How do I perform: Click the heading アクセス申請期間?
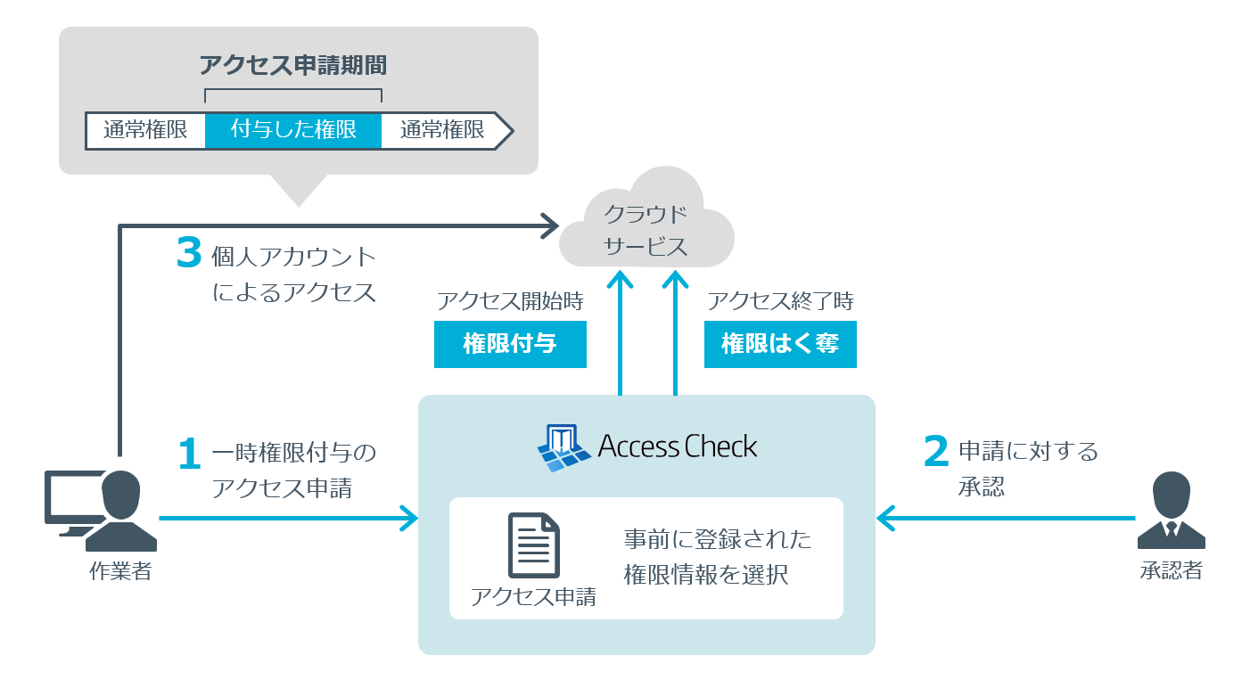[x=292, y=66]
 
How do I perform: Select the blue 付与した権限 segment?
[x=293, y=130]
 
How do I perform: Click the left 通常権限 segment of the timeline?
[x=145, y=130]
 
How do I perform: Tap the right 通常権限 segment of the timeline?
[x=442, y=130]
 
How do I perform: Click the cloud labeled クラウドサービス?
[x=646, y=227]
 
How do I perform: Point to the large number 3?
[x=189, y=254]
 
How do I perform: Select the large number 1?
[x=189, y=455]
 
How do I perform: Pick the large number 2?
[x=935, y=451]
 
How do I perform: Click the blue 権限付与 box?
[x=510, y=344]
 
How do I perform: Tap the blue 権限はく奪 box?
[x=780, y=344]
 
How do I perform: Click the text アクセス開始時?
[x=510, y=301]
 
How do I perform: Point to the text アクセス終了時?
[x=780, y=301]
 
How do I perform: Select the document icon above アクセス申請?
[x=533, y=545]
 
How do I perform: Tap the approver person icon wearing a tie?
[x=1171, y=511]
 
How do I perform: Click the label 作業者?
[x=120, y=571]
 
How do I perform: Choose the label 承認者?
[x=1171, y=570]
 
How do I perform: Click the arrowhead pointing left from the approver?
[x=886, y=517]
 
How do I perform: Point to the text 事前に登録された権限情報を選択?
[x=717, y=557]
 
